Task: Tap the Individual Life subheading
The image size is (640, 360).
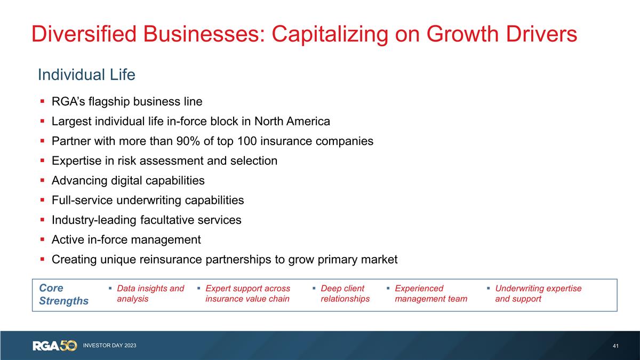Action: (86, 75)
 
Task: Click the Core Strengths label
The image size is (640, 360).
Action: (63, 294)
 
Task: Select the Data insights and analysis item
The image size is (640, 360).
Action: (150, 293)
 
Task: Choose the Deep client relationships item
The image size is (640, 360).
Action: (345, 293)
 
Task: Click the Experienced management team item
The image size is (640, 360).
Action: (430, 293)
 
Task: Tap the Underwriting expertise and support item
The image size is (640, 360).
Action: (538, 293)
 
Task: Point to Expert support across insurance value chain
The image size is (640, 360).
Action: (247, 293)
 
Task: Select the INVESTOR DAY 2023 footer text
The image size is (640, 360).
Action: (109, 346)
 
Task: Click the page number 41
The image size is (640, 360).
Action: (616, 346)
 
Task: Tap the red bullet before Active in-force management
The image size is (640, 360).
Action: (42, 240)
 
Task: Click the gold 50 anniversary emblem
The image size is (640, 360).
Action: (68, 345)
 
